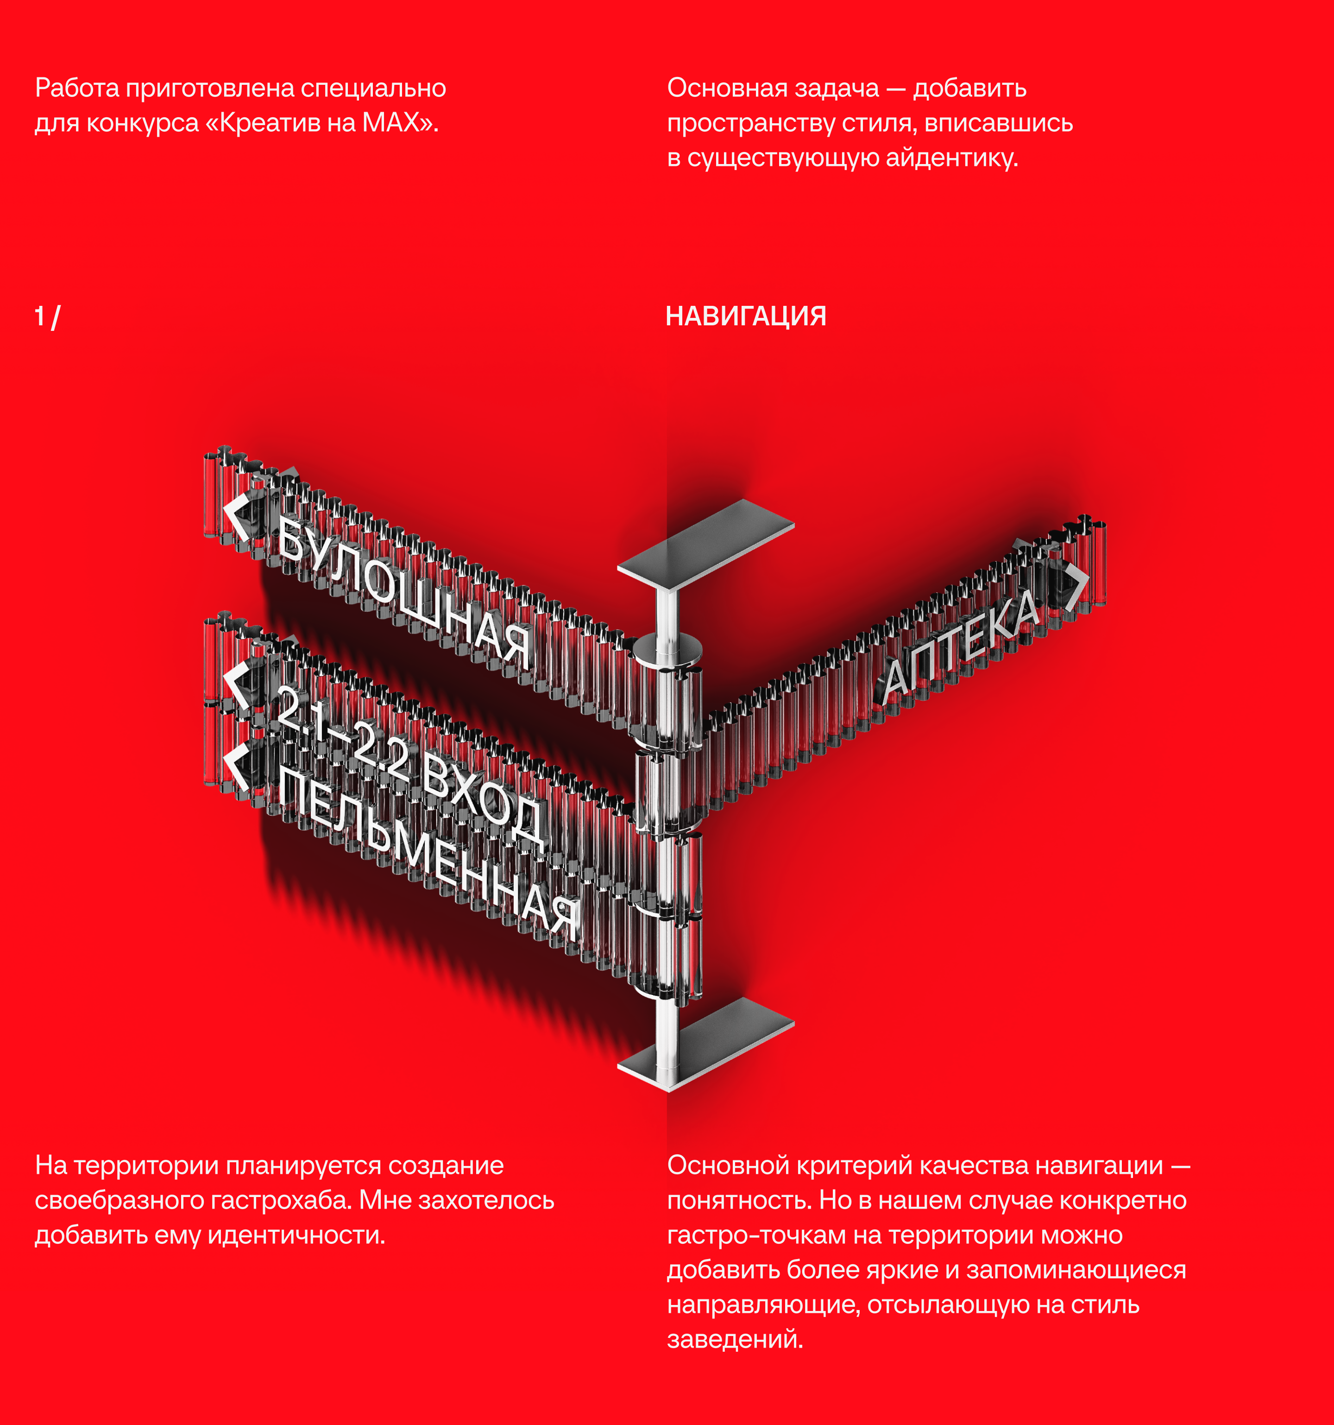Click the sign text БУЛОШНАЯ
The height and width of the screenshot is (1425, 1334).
(x=405, y=594)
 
